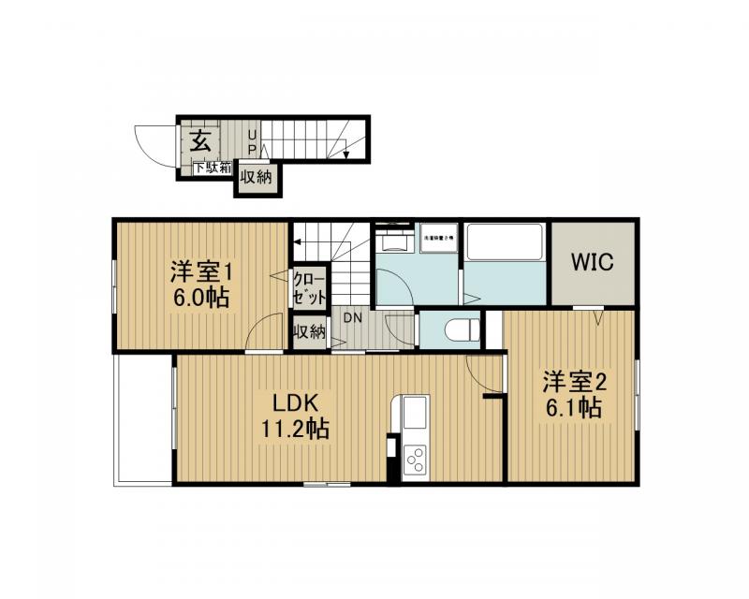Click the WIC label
click(593, 262)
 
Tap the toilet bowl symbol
click(457, 329)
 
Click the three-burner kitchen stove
click(414, 460)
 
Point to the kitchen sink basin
click(414, 412)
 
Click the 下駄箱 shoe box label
click(213, 168)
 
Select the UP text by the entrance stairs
click(252, 143)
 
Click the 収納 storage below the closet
click(309, 332)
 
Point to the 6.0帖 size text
click(201, 299)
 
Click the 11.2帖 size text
click(296, 430)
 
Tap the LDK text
click(296, 403)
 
